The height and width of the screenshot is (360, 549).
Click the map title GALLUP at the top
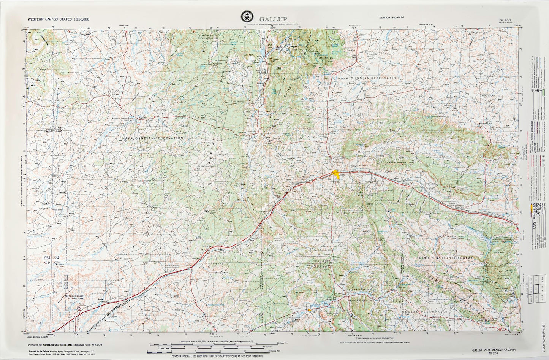(273, 19)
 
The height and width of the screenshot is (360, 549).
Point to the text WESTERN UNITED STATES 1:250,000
(59, 19)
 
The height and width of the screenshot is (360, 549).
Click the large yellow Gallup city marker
(336, 174)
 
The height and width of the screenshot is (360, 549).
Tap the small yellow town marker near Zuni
(310, 310)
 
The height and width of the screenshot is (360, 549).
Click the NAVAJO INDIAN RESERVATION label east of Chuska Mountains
(368, 78)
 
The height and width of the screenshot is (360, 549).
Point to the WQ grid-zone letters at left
(47, 257)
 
